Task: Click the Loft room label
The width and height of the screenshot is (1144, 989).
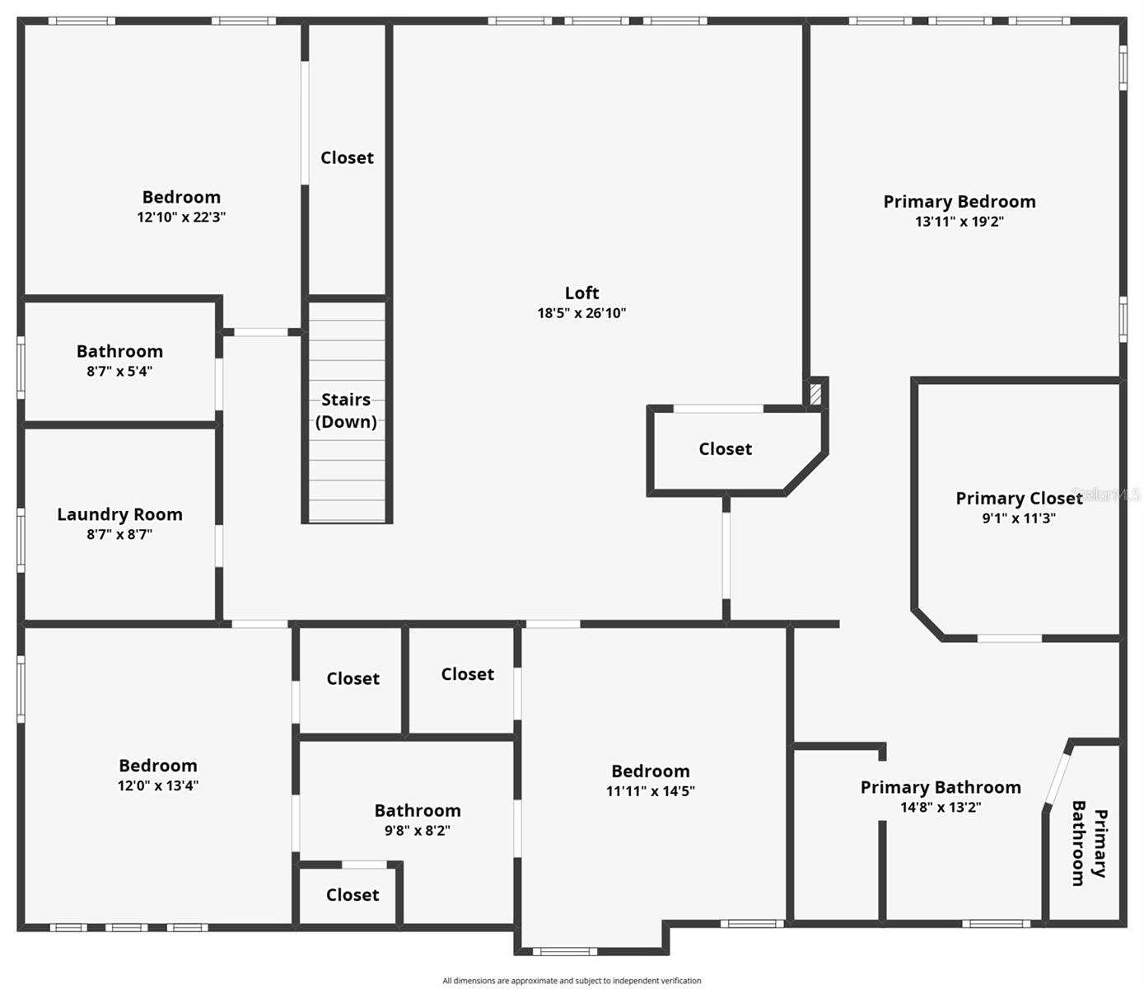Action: tap(581, 293)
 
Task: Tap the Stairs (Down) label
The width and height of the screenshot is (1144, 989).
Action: tap(346, 410)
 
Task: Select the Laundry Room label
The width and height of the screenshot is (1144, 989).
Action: tap(119, 514)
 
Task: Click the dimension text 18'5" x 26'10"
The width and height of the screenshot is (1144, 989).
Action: tap(581, 313)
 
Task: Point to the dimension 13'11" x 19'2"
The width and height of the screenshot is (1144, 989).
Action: tap(959, 222)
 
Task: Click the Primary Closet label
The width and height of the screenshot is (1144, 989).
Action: tap(1018, 498)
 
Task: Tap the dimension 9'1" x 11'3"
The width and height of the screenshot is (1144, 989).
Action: tap(1018, 518)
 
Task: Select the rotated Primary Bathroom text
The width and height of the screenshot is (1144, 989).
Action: tap(1088, 842)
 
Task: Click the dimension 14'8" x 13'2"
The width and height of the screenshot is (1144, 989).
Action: tap(940, 808)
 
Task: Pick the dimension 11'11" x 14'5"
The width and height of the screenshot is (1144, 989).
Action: tap(650, 791)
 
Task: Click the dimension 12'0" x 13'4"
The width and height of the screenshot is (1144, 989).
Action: tap(157, 786)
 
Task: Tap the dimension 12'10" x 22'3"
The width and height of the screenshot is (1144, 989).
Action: tap(181, 218)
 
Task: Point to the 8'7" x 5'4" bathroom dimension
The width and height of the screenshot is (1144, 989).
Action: tap(119, 372)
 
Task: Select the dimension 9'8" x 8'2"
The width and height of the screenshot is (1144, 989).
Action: tap(417, 831)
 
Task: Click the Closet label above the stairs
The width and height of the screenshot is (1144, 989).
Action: tap(347, 157)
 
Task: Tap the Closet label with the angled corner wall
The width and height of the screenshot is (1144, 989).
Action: tap(725, 449)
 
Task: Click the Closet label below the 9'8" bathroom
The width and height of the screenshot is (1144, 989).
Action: tap(352, 895)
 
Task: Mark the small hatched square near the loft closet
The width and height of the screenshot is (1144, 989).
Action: tap(815, 393)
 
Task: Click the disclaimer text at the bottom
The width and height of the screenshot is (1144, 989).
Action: tap(572, 981)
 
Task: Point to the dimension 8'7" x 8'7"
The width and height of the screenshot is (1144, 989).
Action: tap(119, 535)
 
